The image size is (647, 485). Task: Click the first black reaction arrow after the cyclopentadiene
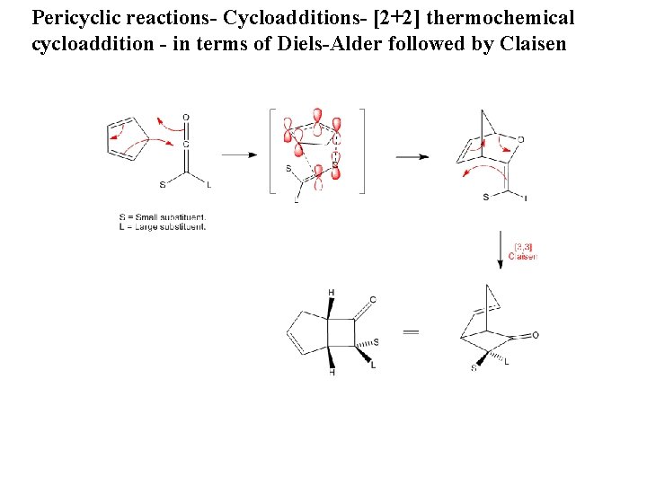click(238, 154)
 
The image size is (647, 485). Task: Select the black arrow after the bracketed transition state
click(410, 156)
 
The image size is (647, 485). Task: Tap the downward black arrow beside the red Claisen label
click(500, 249)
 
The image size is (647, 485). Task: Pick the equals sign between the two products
click(411, 331)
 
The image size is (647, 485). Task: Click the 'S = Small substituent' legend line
click(163, 217)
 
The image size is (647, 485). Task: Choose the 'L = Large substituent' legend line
click(163, 227)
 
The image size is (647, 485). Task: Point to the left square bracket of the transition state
click(271, 151)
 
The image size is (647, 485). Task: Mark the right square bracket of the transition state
click(362, 151)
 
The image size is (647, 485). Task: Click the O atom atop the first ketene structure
click(186, 118)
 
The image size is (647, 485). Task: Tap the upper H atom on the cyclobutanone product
click(332, 293)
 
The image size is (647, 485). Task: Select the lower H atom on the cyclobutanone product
click(332, 372)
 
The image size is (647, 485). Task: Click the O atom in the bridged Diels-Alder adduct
click(520, 140)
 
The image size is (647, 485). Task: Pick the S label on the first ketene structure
click(163, 186)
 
